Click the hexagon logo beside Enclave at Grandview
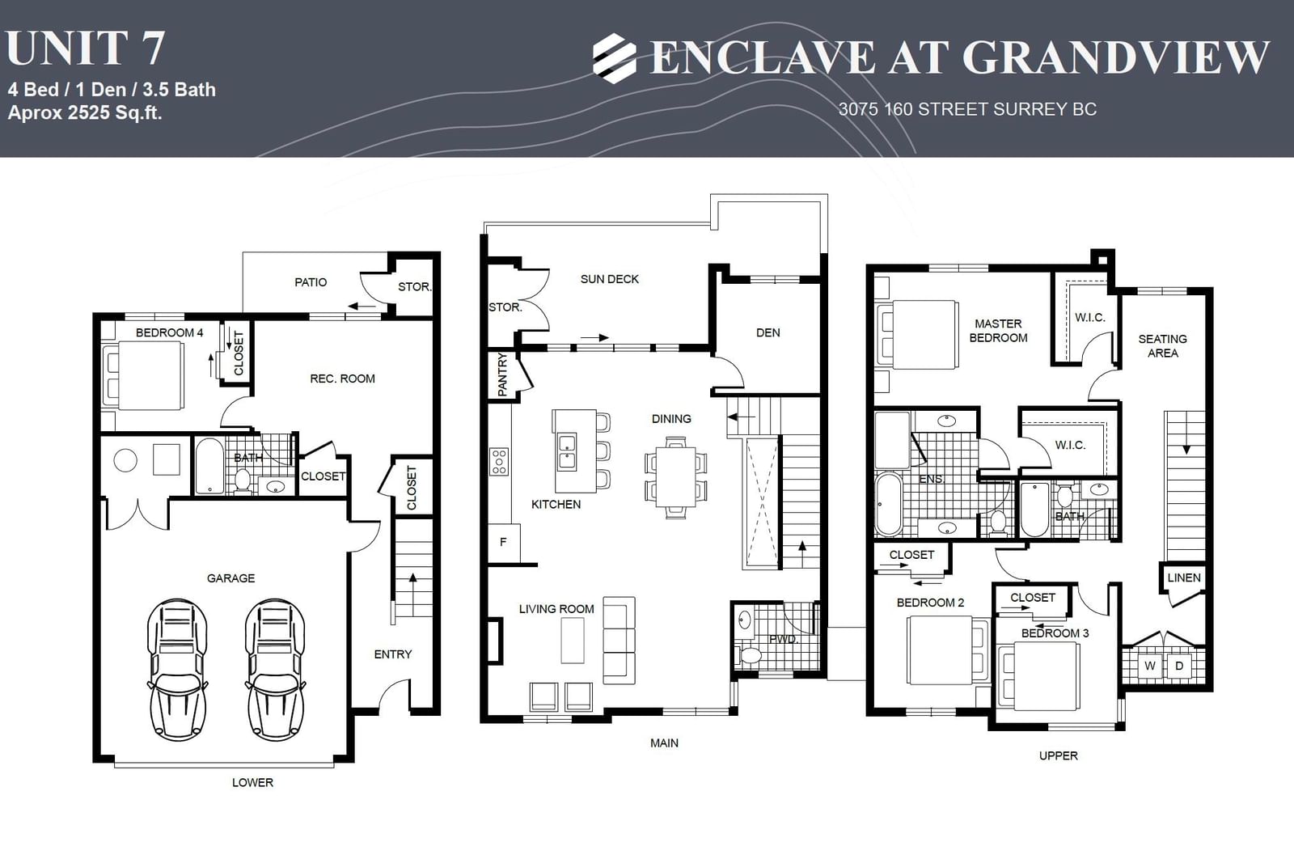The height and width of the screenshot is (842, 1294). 615,58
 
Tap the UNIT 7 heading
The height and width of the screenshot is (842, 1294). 86,49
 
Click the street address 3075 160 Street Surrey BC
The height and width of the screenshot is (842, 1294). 967,109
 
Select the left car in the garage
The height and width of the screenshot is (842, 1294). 177,669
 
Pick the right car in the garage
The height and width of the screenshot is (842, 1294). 276,669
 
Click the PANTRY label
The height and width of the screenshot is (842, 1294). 502,374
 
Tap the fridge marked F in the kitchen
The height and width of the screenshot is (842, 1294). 504,543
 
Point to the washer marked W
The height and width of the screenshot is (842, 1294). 1150,666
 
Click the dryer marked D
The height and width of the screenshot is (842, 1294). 1179,666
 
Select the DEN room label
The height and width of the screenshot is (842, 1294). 768,333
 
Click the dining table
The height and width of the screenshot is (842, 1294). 676,477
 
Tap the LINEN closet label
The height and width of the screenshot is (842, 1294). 1184,578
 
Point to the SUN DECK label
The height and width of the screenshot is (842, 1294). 610,279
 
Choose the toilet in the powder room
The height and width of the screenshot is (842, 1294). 750,655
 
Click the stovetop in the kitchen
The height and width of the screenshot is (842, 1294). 499,462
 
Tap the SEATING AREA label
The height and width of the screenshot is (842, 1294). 1162,346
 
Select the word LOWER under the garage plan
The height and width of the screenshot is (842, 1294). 252,782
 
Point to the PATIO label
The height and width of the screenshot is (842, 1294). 311,282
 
